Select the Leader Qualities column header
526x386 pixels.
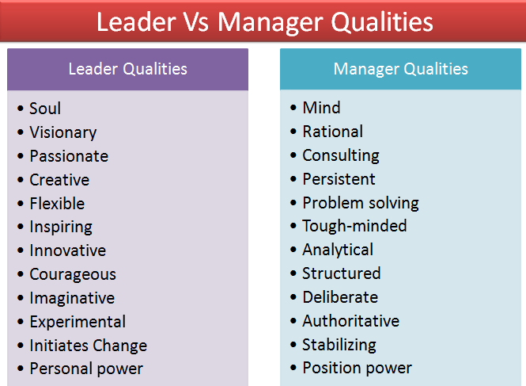pyautogui.click(x=127, y=69)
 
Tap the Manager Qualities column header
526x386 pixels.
pyautogui.click(x=400, y=69)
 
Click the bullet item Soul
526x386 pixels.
pyautogui.click(x=45, y=109)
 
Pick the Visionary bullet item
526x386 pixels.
pyautogui.click(x=62, y=132)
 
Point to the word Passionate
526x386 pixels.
pyautogui.click(x=69, y=156)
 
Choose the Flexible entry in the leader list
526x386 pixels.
pyautogui.click(x=57, y=204)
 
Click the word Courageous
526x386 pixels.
pyautogui.click(x=73, y=275)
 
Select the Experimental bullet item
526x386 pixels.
pyautogui.click(x=78, y=323)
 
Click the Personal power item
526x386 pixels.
pyautogui.click(x=86, y=369)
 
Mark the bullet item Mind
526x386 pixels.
pyautogui.click(x=321, y=108)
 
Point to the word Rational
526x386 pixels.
pyautogui.click(x=332, y=132)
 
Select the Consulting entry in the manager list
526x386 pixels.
pyautogui.click(x=341, y=155)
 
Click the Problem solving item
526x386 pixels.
pyautogui.click(x=361, y=203)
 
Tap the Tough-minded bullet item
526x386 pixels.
pyautogui.click(x=354, y=226)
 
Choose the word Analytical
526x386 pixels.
pyautogui.click(x=338, y=250)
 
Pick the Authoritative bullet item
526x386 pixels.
pyautogui.click(x=350, y=321)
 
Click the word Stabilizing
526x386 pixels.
pyautogui.click(x=339, y=345)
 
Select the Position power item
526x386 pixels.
pyautogui.click(x=357, y=369)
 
